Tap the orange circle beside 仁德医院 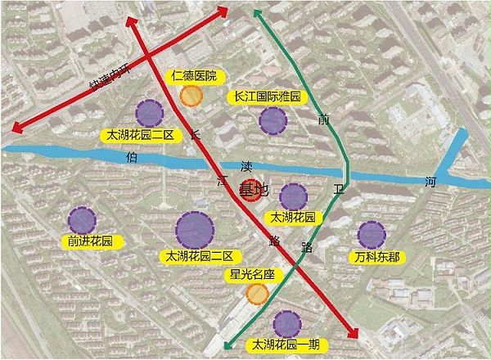(x=191, y=96)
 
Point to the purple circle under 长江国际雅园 (x=273, y=121)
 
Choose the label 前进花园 (x=86, y=241)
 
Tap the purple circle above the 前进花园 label (x=82, y=219)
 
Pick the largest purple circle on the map (x=195, y=230)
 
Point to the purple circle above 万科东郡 (x=372, y=235)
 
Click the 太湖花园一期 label (x=286, y=344)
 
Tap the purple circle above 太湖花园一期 (x=286, y=324)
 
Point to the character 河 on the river (x=432, y=182)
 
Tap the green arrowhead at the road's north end (x=257, y=12)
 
